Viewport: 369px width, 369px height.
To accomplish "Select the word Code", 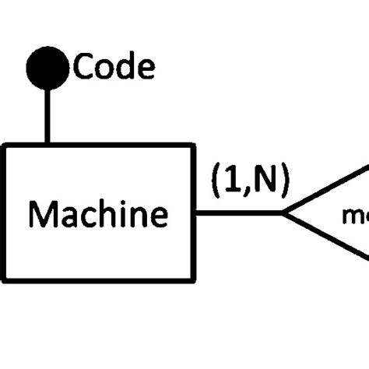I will tap(114, 68).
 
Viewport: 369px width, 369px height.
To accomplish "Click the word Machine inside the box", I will tap(98, 213).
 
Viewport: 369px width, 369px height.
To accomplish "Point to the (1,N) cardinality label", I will tap(249, 181).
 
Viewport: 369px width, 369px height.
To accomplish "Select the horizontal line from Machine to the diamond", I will tap(237, 213).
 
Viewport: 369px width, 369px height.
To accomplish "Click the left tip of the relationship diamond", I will tap(283, 213).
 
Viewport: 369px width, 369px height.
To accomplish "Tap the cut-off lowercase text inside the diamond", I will tap(355, 214).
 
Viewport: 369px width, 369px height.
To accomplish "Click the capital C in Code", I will tap(83, 68).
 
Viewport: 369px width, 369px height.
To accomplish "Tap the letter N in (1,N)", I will tap(263, 181).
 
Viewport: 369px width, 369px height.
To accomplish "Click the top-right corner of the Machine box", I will tap(193, 144).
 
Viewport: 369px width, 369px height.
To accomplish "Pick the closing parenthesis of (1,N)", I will tap(283, 181).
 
